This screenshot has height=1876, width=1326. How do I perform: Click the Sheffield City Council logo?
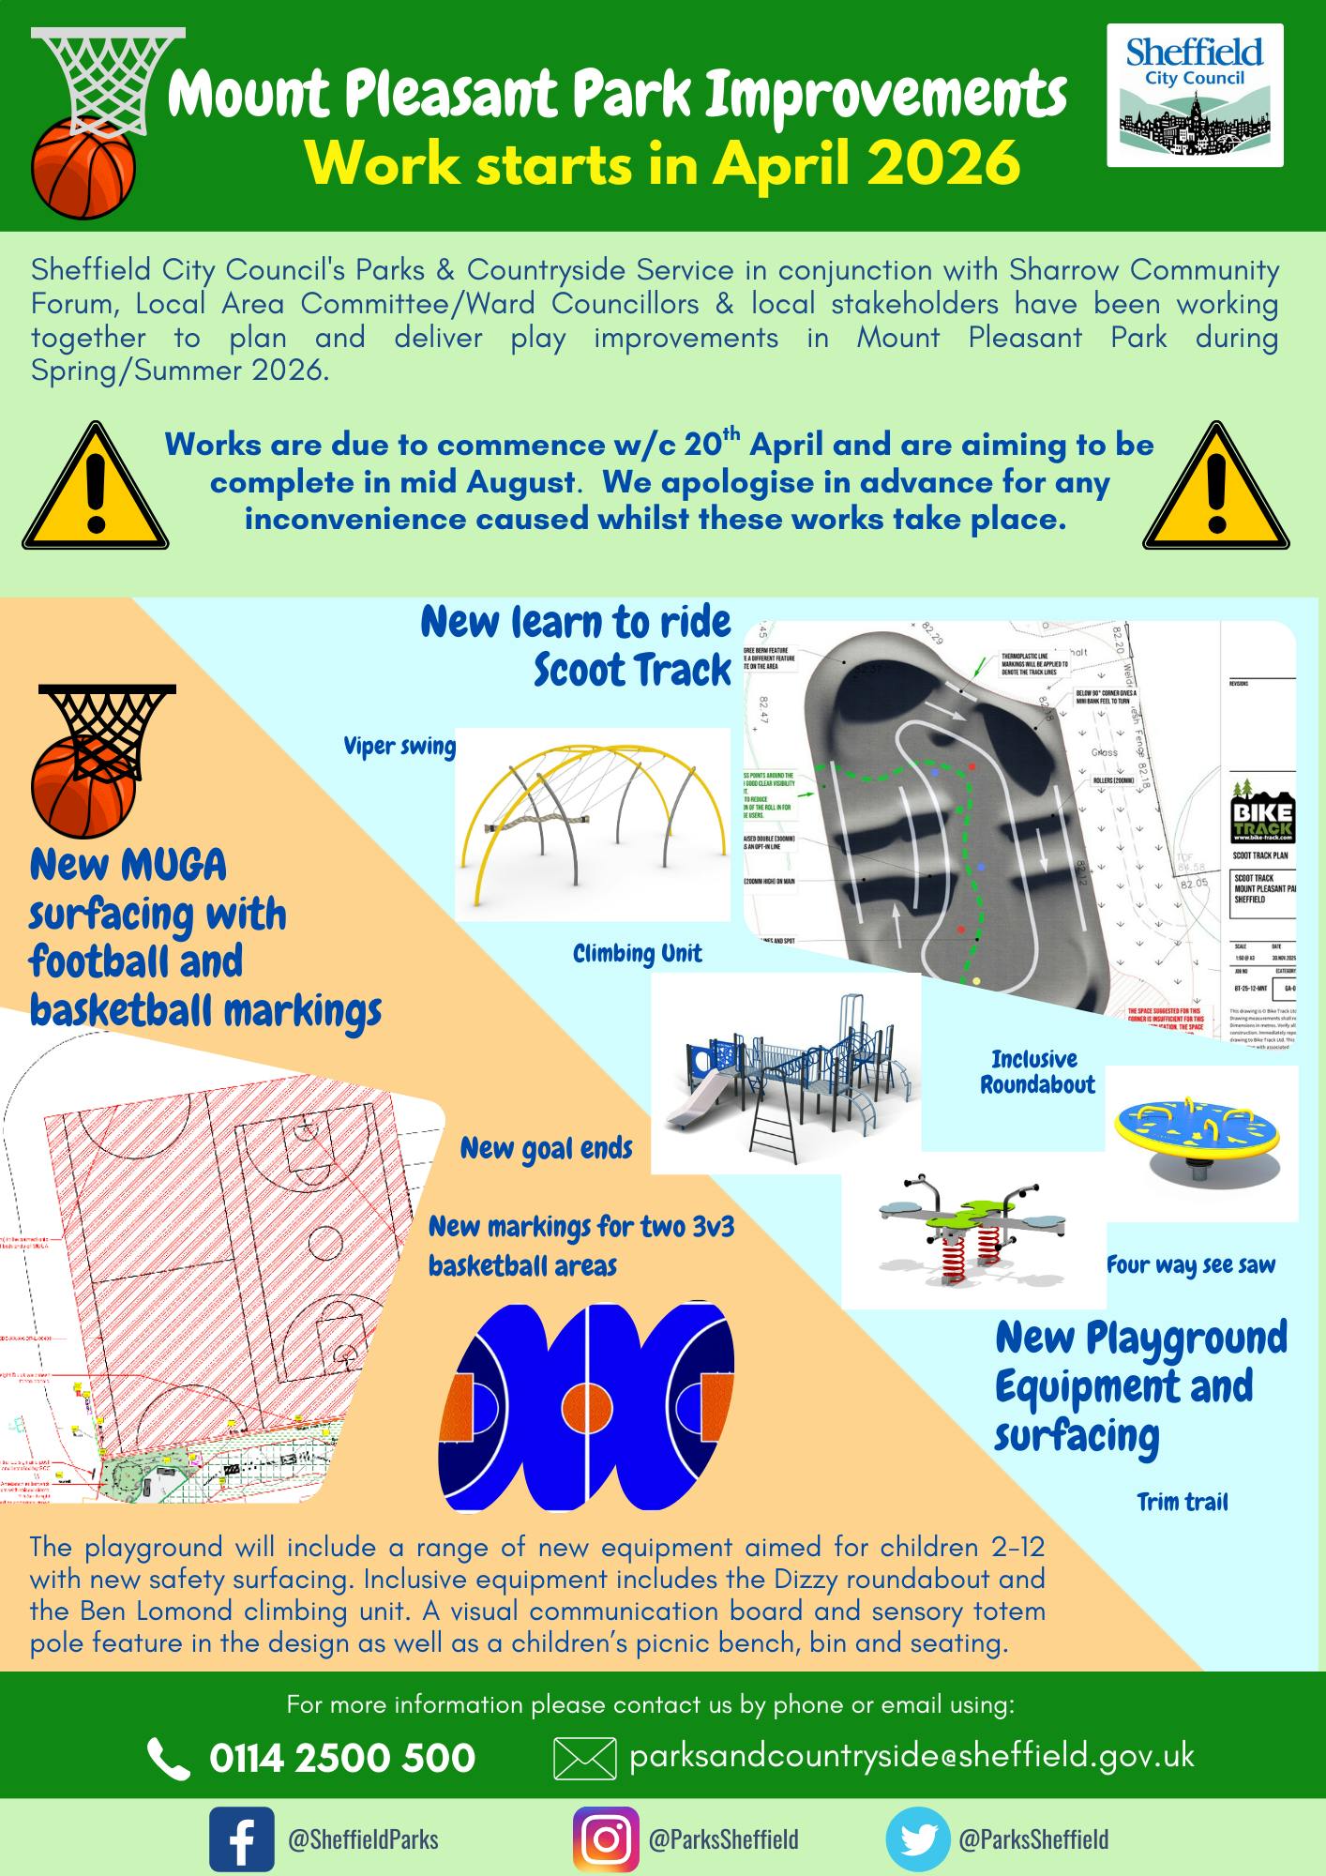click(x=1194, y=96)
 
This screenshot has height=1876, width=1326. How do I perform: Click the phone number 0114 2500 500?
click(x=341, y=1758)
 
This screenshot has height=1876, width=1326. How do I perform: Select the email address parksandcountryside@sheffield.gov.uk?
click(x=912, y=1756)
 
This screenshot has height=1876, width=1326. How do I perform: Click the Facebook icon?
click(x=241, y=1838)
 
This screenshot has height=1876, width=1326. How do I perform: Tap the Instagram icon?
click(x=605, y=1838)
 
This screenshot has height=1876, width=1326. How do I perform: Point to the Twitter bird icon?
click(x=917, y=1838)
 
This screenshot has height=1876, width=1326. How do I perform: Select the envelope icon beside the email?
click(x=585, y=1758)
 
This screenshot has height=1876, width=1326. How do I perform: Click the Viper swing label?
click(x=399, y=747)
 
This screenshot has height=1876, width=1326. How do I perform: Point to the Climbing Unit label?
click(x=637, y=954)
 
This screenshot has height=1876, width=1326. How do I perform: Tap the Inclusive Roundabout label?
click(x=1037, y=1072)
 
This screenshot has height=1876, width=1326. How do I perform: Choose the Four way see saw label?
click(x=1191, y=1265)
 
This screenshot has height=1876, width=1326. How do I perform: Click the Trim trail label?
click(x=1182, y=1503)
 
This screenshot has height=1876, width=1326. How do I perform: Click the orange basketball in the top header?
click(x=83, y=167)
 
